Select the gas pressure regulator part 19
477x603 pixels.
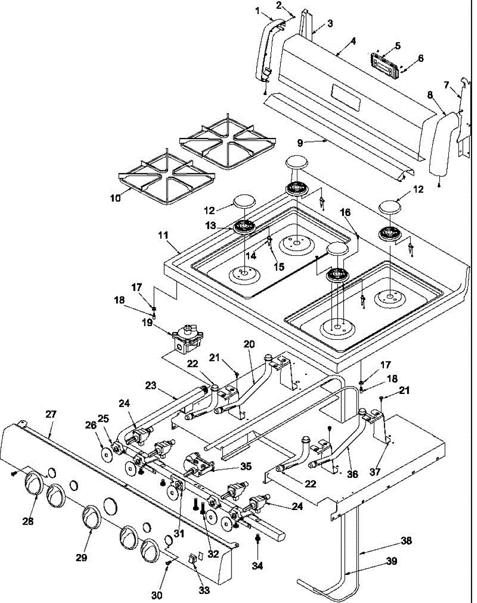[187, 338]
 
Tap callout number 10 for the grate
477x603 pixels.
[115, 198]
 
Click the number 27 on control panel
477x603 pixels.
[51, 415]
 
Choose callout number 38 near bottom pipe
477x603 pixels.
[407, 541]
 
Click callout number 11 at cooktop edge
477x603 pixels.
[177, 235]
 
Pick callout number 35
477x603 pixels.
[245, 466]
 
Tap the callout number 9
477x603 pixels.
[300, 143]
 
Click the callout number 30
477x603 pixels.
[157, 595]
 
